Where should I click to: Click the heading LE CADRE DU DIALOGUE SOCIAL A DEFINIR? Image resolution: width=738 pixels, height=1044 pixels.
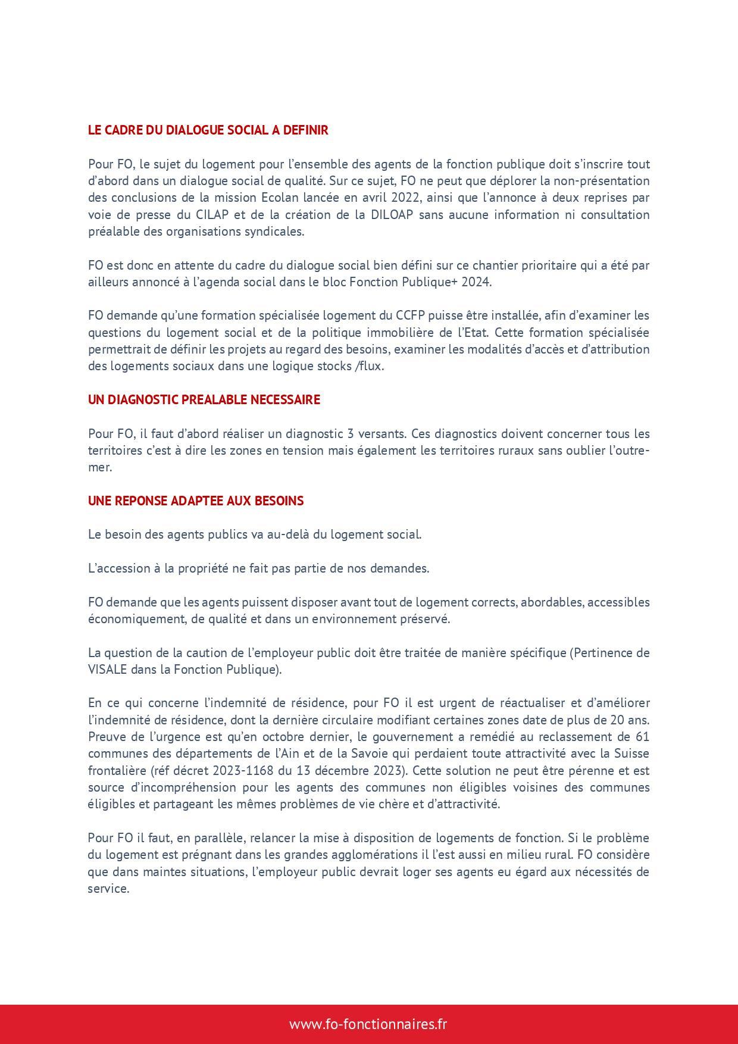click(208, 130)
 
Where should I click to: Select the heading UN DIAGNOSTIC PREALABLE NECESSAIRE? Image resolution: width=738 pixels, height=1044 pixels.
click(204, 400)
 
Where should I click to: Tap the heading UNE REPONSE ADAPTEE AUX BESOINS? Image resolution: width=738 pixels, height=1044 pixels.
click(195, 501)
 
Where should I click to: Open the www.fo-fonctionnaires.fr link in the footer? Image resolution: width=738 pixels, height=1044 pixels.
click(368, 1024)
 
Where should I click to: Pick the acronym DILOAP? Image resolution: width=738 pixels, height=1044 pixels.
click(392, 215)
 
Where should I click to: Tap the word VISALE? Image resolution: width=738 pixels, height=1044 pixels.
click(107, 670)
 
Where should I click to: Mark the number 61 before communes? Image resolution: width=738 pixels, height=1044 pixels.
click(642, 737)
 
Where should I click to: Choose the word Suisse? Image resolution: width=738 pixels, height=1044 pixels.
click(630, 754)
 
